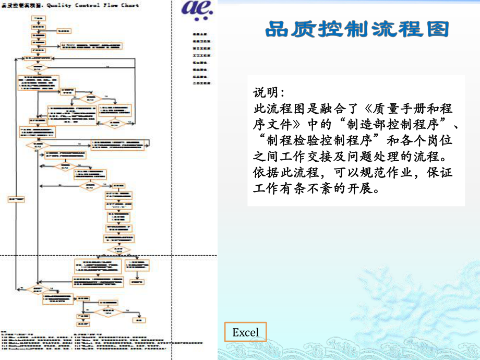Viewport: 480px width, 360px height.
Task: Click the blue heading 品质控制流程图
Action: pyautogui.click(x=357, y=29)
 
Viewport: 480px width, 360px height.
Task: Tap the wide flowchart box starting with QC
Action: pyautogui.click(x=91, y=46)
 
